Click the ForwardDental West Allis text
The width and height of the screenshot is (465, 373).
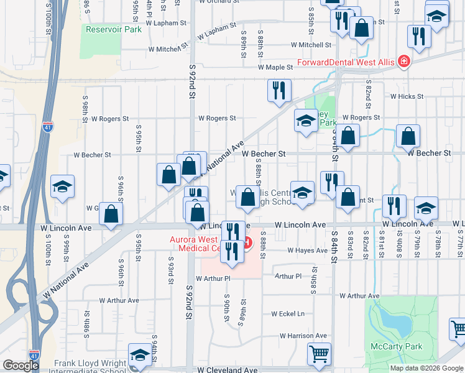pyautogui.click(x=346, y=62)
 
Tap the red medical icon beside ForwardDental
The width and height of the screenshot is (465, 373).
pyautogui.click(x=404, y=62)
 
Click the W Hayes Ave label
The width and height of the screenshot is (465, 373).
pyautogui.click(x=307, y=251)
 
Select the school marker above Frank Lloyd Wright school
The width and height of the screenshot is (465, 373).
pyautogui.click(x=140, y=354)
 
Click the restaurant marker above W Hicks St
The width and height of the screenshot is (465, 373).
pyautogui.click(x=279, y=90)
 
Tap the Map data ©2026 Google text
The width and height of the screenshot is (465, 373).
pyautogui.click(x=427, y=368)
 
